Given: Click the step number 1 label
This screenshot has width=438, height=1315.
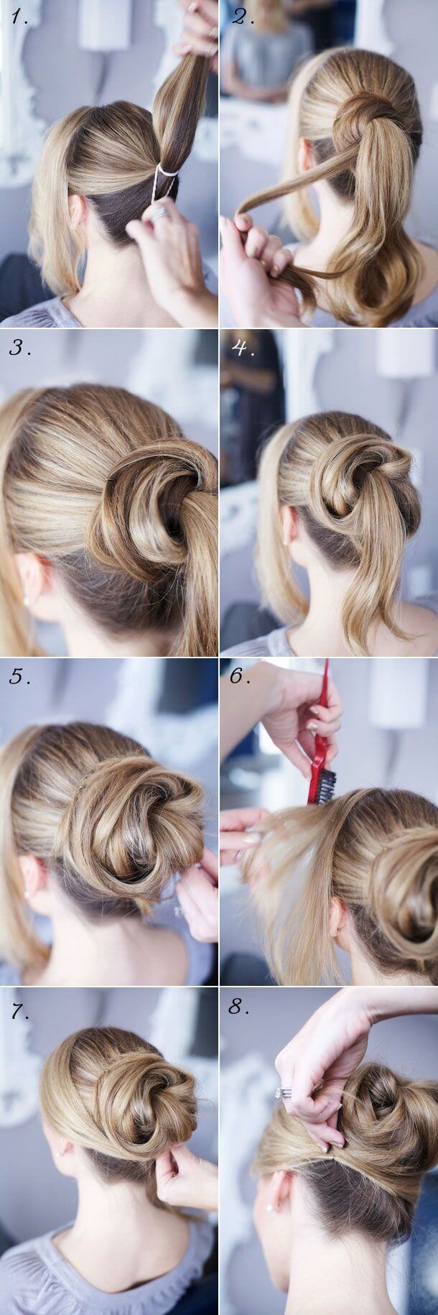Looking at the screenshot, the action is point(20,19).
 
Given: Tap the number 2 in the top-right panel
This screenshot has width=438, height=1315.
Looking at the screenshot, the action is point(243,17).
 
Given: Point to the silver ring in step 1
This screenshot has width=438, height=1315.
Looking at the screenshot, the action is point(159,213).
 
